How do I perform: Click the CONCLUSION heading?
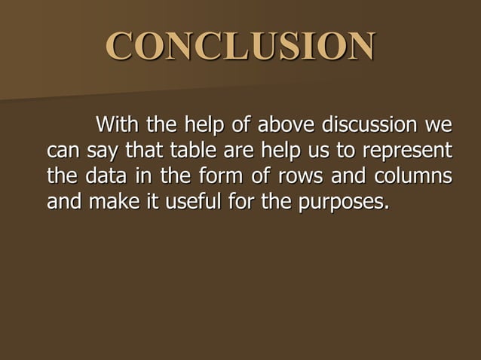tap(241, 46)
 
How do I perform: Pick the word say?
tap(99, 151)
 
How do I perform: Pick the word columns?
tap(407, 176)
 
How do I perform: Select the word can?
tap(62, 151)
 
